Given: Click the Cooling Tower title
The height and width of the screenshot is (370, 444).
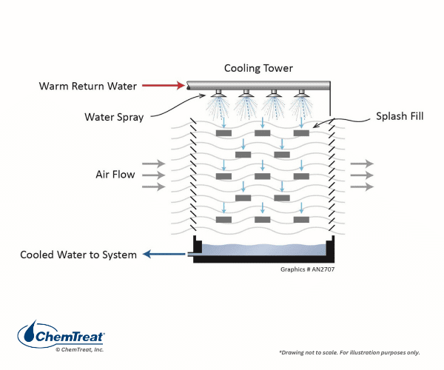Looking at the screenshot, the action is [x=258, y=68].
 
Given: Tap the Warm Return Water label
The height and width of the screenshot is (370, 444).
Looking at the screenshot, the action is [x=88, y=86].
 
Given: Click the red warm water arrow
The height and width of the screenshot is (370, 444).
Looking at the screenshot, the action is [x=164, y=85].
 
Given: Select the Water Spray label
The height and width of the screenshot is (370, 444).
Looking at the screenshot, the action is [x=114, y=117].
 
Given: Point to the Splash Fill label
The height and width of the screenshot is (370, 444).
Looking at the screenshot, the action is [x=400, y=116].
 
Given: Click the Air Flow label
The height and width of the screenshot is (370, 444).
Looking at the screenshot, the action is [x=115, y=175].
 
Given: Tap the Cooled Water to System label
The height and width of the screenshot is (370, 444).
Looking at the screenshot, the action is [x=78, y=255].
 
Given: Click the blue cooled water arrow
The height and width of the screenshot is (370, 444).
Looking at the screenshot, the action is [x=164, y=254].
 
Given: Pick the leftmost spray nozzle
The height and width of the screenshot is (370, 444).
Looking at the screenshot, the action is [x=218, y=93].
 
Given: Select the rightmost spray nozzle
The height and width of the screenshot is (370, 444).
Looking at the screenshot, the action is [x=301, y=93].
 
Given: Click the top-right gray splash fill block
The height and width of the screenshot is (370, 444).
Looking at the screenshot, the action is [x=301, y=133].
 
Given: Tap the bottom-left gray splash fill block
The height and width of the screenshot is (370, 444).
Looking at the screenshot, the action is [x=223, y=219].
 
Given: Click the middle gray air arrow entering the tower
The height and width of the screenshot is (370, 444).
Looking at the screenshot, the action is [x=153, y=175].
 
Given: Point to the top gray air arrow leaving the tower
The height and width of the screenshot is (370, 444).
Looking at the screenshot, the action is [x=362, y=164].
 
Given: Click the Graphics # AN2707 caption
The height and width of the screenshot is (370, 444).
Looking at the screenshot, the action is [x=308, y=269].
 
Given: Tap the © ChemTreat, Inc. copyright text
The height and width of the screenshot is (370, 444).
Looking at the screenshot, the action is [x=80, y=349].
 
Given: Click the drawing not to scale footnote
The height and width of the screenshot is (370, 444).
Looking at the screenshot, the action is [x=349, y=353].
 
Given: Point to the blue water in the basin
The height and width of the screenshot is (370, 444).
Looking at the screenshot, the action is [x=263, y=249].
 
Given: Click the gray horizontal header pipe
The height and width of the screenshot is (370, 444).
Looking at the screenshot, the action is [x=258, y=86].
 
